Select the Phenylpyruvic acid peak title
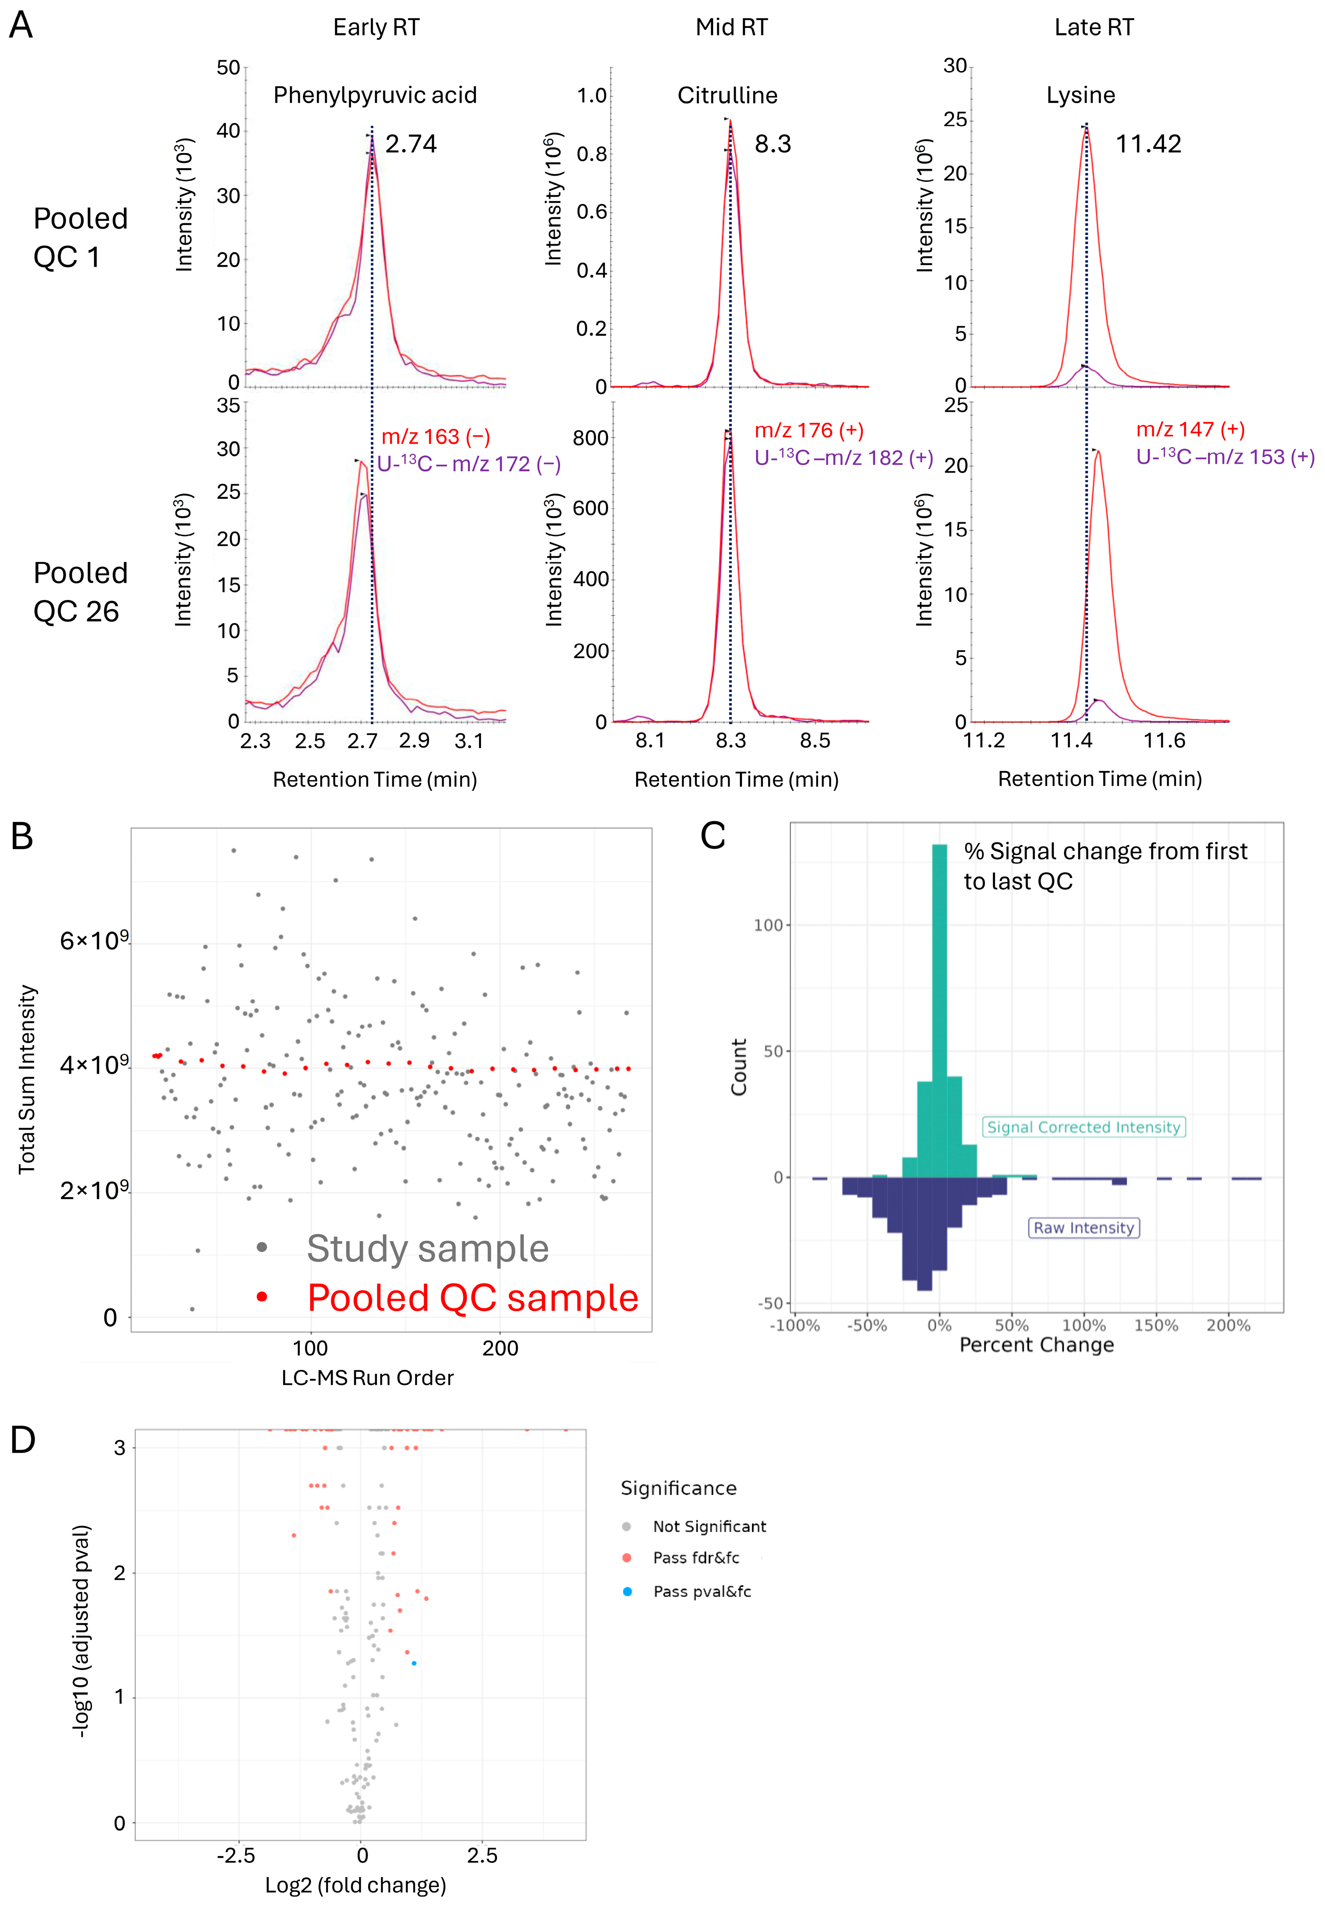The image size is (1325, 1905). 375,95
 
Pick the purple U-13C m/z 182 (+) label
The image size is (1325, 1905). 843,458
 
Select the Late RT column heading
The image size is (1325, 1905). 1094,27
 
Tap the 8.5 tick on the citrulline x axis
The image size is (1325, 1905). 815,740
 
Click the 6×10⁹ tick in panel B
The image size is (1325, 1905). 94,941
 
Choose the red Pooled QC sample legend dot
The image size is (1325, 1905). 262,1297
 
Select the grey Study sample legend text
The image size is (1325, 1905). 427,1249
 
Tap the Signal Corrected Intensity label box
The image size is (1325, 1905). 1084,1127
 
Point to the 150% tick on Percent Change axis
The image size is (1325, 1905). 1156,1325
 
